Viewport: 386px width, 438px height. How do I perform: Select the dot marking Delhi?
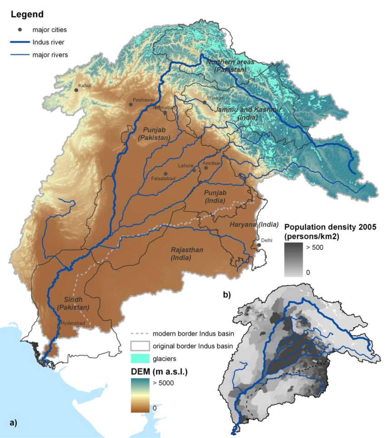tap(259, 245)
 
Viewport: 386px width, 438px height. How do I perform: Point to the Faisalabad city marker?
tap(166, 174)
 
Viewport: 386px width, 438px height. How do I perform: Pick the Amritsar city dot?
tap(206, 167)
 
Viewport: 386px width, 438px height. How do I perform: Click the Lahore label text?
tap(186, 166)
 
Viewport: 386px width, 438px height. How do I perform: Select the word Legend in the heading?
tap(28, 14)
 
